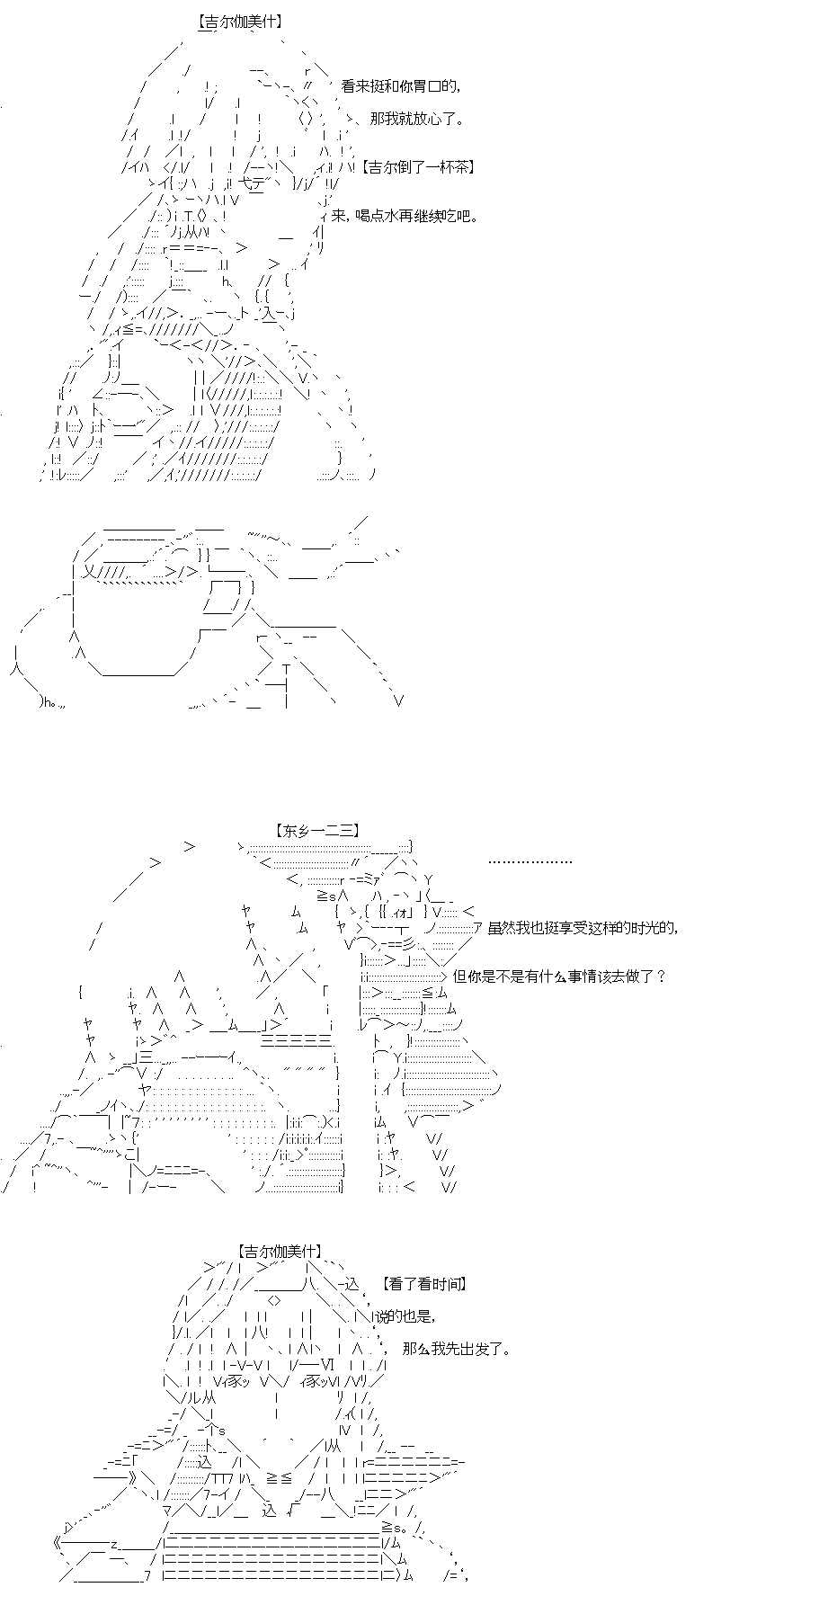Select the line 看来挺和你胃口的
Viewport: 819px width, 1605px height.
401,86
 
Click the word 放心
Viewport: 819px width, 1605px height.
427,119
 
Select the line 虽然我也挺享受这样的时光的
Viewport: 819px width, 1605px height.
582,929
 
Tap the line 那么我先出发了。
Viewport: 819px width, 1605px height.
458,1350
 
